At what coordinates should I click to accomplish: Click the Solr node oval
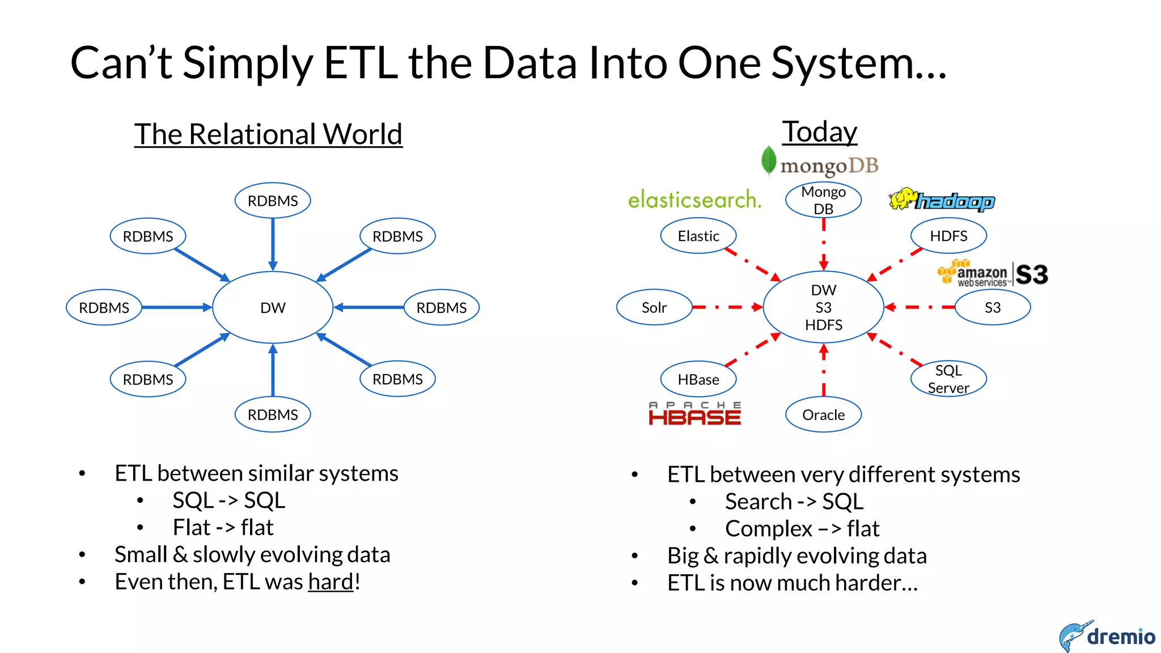tap(654, 307)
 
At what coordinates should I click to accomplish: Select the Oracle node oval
tap(823, 414)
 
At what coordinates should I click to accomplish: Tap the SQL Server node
tap(948, 379)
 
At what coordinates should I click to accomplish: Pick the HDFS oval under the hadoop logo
tap(948, 236)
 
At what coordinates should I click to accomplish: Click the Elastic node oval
tap(698, 236)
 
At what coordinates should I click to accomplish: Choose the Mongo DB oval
tap(823, 200)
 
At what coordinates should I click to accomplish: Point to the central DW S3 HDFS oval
tap(823, 307)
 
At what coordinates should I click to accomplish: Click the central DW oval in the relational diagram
tap(273, 307)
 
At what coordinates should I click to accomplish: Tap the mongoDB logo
tap(820, 163)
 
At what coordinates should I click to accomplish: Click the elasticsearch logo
tap(694, 200)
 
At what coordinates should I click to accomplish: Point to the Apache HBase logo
tap(694, 414)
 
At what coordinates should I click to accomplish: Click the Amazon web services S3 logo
tap(993, 274)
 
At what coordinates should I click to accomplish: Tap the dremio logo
tap(1107, 636)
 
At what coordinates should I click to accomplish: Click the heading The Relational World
tap(268, 134)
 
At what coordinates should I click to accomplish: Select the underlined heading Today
tap(820, 132)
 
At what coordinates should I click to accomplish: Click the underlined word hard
tap(330, 582)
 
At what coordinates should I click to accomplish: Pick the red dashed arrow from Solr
tap(727, 307)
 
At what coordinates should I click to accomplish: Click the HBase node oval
tap(698, 379)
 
